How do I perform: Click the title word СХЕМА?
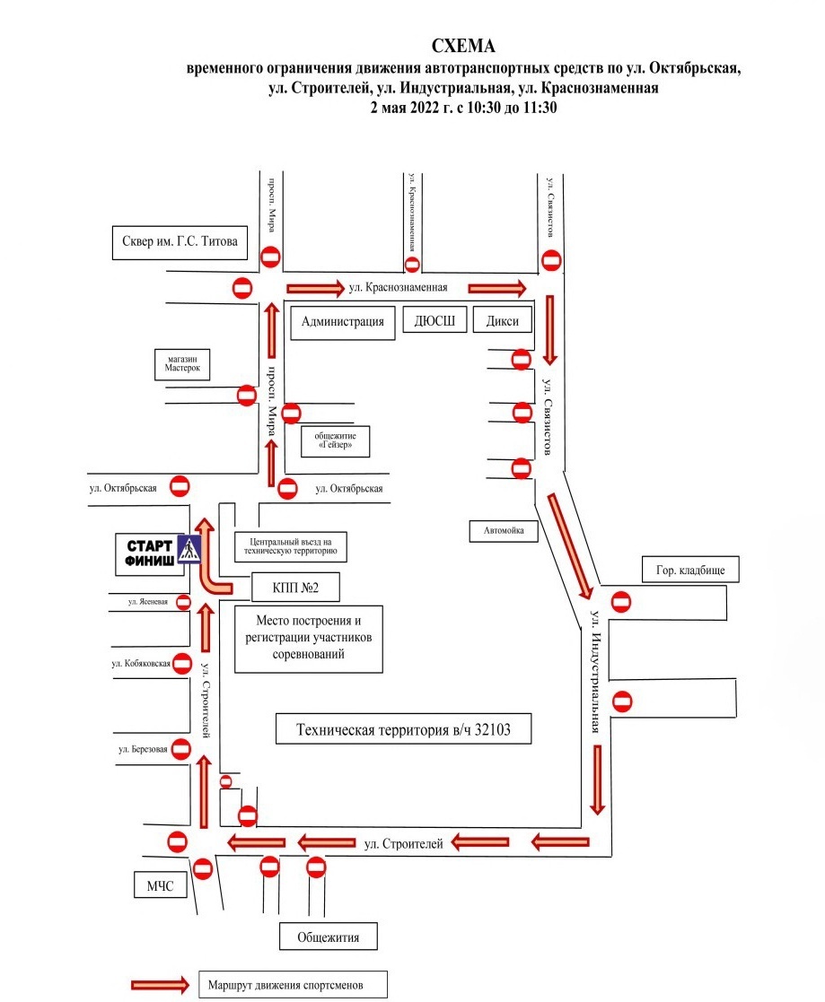[463, 46]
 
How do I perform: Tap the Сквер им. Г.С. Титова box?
[180, 242]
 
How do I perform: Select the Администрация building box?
[343, 321]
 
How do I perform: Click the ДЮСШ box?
[434, 320]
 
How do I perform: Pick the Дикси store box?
[503, 320]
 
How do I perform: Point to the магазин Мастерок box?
[182, 364]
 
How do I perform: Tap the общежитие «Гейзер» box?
[335, 441]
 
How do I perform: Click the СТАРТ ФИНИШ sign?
[150, 553]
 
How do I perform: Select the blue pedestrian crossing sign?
[189, 550]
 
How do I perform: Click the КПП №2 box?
[295, 588]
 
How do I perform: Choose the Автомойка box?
[504, 530]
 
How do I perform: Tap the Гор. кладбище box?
[690, 570]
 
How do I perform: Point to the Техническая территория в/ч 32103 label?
[404, 729]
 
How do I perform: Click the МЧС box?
[160, 885]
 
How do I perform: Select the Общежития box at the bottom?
[328, 937]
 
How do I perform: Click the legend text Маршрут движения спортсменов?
[285, 985]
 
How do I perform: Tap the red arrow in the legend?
[160, 985]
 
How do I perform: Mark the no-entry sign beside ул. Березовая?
[181, 749]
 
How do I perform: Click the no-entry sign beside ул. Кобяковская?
[181, 663]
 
